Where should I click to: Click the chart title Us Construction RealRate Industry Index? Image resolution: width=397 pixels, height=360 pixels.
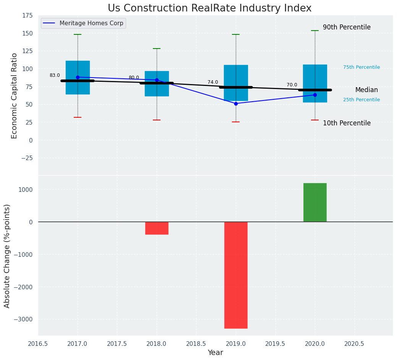click(x=209, y=8)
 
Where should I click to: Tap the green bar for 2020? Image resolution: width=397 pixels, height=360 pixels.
click(x=315, y=203)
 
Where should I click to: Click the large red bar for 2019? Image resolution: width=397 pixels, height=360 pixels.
click(x=236, y=275)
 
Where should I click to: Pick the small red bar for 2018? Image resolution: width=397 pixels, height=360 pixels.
click(x=157, y=228)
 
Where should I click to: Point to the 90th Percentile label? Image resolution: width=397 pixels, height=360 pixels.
click(x=347, y=28)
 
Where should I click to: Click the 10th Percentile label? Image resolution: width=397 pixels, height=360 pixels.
click(x=347, y=123)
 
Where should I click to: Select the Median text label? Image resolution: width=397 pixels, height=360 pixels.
click(x=366, y=90)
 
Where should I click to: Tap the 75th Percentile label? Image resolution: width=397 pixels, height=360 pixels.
click(x=361, y=67)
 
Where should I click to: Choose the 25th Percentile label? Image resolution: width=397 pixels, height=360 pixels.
click(x=361, y=100)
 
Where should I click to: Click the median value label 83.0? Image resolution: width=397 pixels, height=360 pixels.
click(x=55, y=76)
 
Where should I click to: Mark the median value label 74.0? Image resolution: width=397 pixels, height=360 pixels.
click(x=213, y=82)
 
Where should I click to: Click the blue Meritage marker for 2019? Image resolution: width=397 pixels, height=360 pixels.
click(x=236, y=104)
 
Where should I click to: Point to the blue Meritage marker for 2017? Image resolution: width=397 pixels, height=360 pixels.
click(x=78, y=77)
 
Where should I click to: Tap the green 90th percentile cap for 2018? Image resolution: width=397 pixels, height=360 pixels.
click(x=157, y=49)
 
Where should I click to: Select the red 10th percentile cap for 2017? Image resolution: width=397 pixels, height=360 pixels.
click(x=78, y=117)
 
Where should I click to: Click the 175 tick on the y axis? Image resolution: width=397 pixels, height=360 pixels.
click(x=28, y=16)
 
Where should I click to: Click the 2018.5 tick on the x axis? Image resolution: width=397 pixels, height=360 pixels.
click(x=196, y=344)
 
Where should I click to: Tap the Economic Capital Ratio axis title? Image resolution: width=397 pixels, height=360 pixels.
click(x=15, y=96)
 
